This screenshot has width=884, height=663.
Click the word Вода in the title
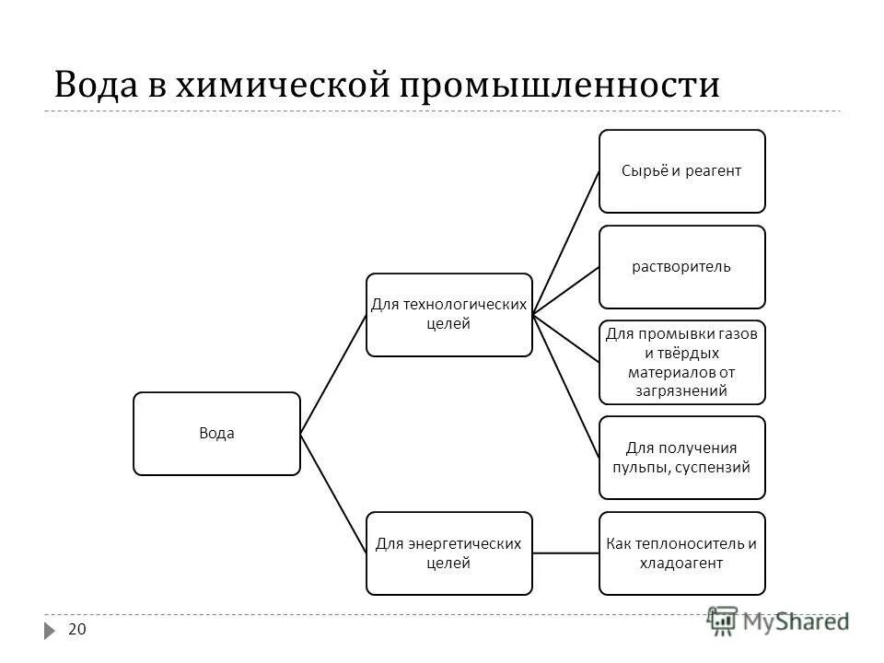97,85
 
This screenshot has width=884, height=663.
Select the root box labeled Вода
216,434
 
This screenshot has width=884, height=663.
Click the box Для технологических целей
448,315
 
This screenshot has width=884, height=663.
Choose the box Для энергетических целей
448,552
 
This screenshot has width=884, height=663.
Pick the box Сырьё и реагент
682,171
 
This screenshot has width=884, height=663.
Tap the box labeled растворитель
682,267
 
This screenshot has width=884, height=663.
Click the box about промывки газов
682,362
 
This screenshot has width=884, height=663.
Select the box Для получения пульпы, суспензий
682,458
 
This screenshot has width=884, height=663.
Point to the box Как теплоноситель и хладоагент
682,552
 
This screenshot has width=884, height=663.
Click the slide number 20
77,630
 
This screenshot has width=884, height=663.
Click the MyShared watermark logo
777,622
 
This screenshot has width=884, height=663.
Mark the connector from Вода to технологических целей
333,374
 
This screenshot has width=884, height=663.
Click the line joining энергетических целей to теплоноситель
565,552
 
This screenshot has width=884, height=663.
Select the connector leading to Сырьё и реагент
565,243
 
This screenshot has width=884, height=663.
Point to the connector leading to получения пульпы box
565,386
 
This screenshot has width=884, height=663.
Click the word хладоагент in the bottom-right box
682,563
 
